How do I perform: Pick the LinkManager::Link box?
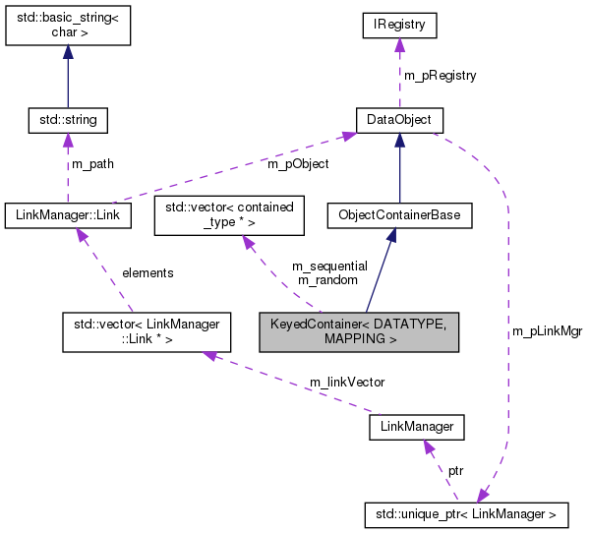[68, 214]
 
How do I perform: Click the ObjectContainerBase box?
[399, 214]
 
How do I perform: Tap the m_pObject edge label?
[298, 163]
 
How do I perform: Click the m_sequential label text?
[329, 266]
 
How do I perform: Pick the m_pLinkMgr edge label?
[547, 331]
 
